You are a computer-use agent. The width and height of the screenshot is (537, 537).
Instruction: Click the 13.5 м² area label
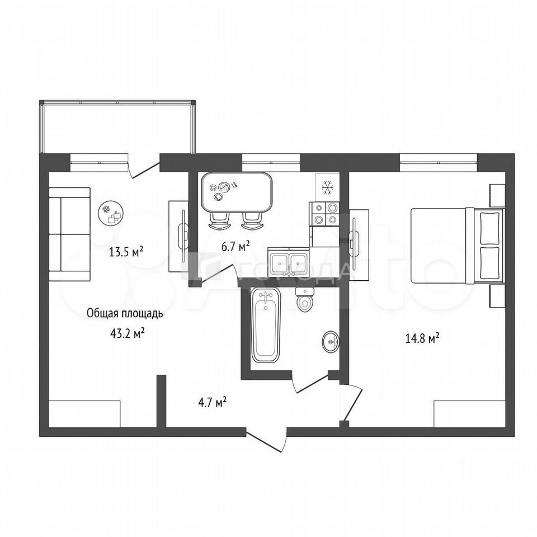[126, 252]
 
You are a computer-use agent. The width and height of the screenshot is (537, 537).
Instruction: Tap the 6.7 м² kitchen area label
[235, 246]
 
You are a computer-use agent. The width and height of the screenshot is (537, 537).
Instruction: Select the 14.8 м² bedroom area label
[422, 338]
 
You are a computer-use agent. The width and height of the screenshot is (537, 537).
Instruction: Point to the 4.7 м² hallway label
[213, 402]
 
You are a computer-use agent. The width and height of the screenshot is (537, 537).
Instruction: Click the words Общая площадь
[125, 314]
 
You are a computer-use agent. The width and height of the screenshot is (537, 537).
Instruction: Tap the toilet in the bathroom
[304, 299]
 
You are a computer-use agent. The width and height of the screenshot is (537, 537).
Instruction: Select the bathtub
[266, 325]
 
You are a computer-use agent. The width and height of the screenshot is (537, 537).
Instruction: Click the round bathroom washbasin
[331, 341]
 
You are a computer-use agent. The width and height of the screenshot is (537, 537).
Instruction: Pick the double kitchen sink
[289, 264]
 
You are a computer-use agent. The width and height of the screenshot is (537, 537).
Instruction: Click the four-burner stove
[324, 214]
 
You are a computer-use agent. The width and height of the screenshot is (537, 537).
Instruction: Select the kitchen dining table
[237, 192]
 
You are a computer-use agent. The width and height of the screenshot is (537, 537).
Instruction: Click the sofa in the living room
[69, 234]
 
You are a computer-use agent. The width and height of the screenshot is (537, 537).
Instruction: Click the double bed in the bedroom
[458, 246]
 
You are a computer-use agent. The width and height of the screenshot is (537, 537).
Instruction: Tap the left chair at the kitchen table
[219, 221]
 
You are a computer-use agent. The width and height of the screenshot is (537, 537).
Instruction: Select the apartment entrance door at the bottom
[266, 440]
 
